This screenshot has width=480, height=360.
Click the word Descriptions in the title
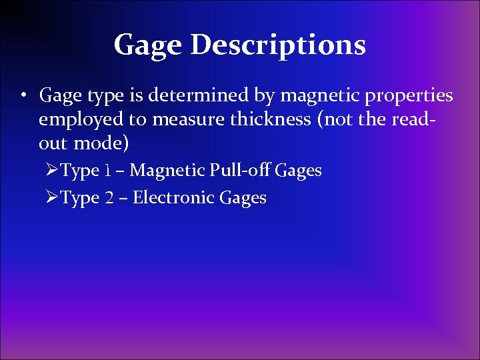[278, 45]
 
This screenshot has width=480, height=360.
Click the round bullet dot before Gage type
[23, 95]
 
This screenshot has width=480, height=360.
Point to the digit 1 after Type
[107, 171]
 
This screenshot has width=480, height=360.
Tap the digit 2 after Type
[109, 198]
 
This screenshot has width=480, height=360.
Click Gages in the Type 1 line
[298, 171]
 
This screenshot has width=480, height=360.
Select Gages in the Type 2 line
[243, 199]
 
